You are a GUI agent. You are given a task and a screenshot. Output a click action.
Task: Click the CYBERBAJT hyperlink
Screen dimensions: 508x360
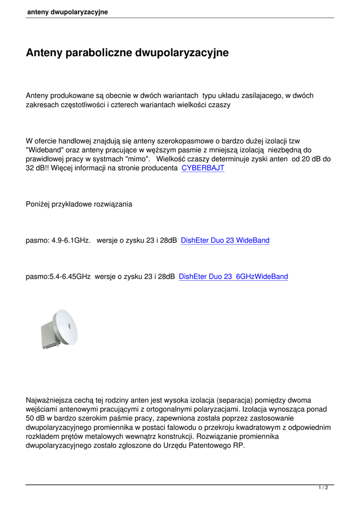click(x=203, y=168)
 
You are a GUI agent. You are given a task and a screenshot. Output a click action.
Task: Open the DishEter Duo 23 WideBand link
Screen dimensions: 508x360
click(x=225, y=241)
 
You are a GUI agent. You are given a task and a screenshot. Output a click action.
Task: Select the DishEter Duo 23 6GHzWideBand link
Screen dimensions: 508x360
click(x=233, y=277)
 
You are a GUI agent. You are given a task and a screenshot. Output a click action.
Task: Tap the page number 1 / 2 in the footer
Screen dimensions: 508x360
click(x=323, y=488)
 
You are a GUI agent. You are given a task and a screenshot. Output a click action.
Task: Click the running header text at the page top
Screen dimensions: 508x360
click(x=68, y=12)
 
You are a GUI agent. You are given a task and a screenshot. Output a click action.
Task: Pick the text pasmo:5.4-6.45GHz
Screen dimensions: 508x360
click(x=58, y=277)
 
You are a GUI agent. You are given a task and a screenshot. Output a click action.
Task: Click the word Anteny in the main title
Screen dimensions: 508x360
click(x=44, y=53)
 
